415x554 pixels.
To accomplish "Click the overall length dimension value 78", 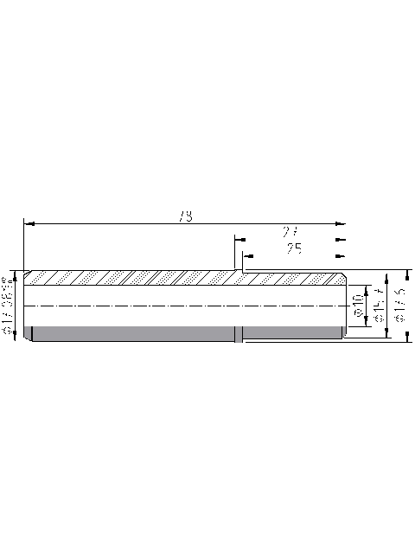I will pos(184,216).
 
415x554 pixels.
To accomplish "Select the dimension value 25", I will pos(294,248).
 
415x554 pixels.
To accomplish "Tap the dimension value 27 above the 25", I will pos(290,232).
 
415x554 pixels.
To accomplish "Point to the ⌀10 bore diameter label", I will pos(357,306).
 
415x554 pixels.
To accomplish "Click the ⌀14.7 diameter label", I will pos(377,306).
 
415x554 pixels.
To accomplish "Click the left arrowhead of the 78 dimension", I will pos(29,223).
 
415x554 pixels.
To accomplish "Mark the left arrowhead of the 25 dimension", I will pos(248,255).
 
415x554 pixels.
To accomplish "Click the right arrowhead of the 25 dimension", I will pos(339,255).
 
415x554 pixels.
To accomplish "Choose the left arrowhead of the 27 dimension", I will pos(239,239).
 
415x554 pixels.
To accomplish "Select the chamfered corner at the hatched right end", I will pos(344,278).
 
